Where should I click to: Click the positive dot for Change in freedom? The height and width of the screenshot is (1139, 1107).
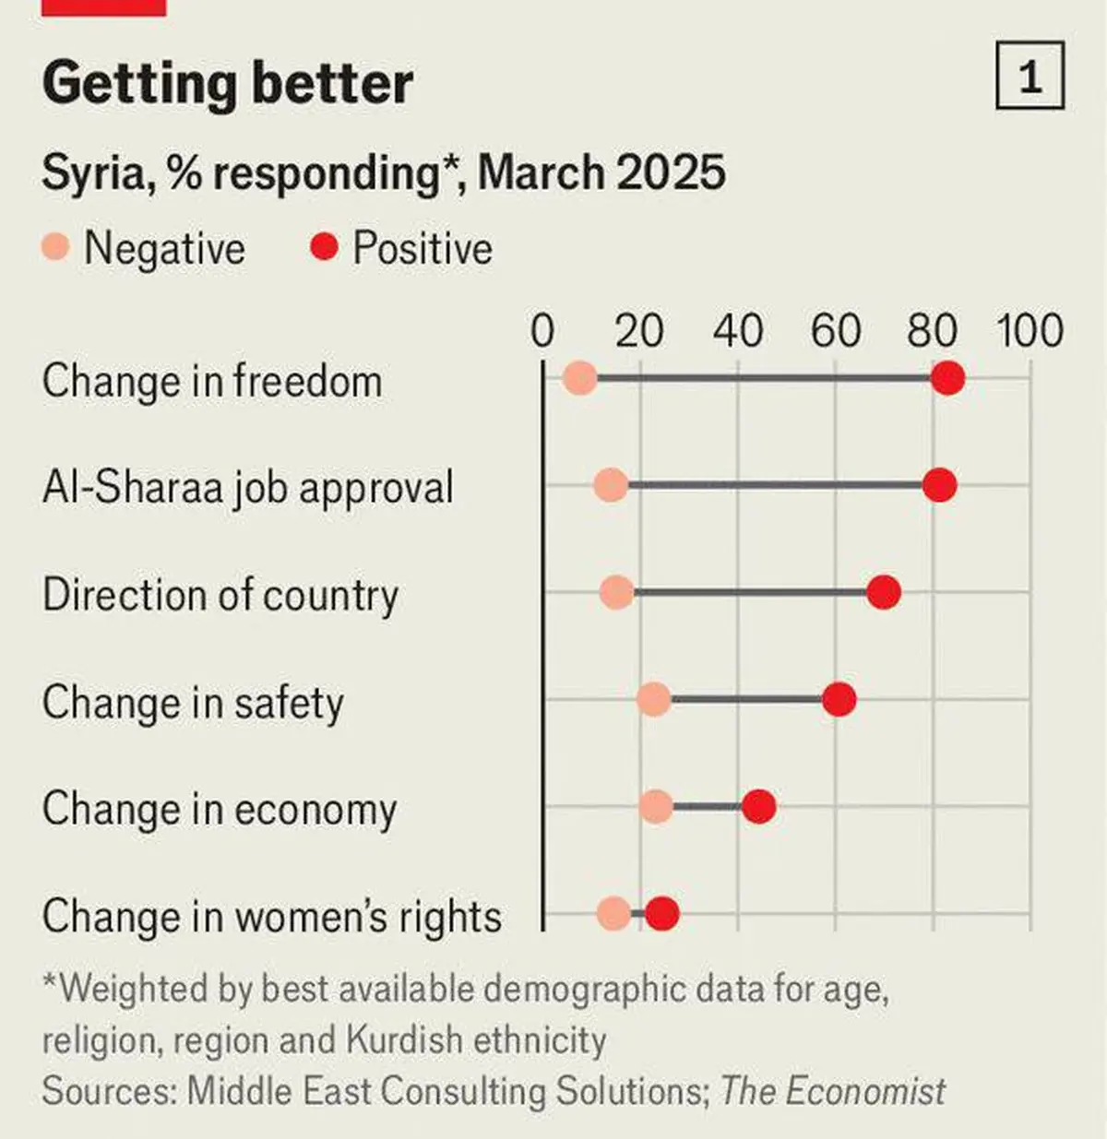(947, 378)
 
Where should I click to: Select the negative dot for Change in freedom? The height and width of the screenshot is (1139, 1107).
(579, 378)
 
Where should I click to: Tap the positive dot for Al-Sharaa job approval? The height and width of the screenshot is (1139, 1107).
(939, 485)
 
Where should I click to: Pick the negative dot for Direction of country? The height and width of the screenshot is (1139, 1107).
(616, 593)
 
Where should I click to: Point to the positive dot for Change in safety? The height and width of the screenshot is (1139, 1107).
(839, 700)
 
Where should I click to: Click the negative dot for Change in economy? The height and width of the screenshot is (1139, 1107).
(656, 807)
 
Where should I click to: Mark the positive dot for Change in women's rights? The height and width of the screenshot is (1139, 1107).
(662, 915)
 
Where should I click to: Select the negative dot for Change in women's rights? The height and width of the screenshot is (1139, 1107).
(613, 915)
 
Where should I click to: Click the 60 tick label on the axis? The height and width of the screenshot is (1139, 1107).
(835, 331)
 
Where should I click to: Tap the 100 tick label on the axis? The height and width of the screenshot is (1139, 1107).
(1030, 331)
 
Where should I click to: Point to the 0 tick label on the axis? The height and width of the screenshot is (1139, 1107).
(542, 331)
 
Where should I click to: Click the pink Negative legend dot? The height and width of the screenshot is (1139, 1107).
(56, 247)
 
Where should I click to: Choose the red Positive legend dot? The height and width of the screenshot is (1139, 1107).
(325, 247)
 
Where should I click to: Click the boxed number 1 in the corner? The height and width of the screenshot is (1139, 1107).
(1030, 76)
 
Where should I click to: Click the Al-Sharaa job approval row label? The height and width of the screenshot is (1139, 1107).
(248, 487)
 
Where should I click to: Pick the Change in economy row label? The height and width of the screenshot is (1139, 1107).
(220, 809)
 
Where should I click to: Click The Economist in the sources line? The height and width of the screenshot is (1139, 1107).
(832, 1091)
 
